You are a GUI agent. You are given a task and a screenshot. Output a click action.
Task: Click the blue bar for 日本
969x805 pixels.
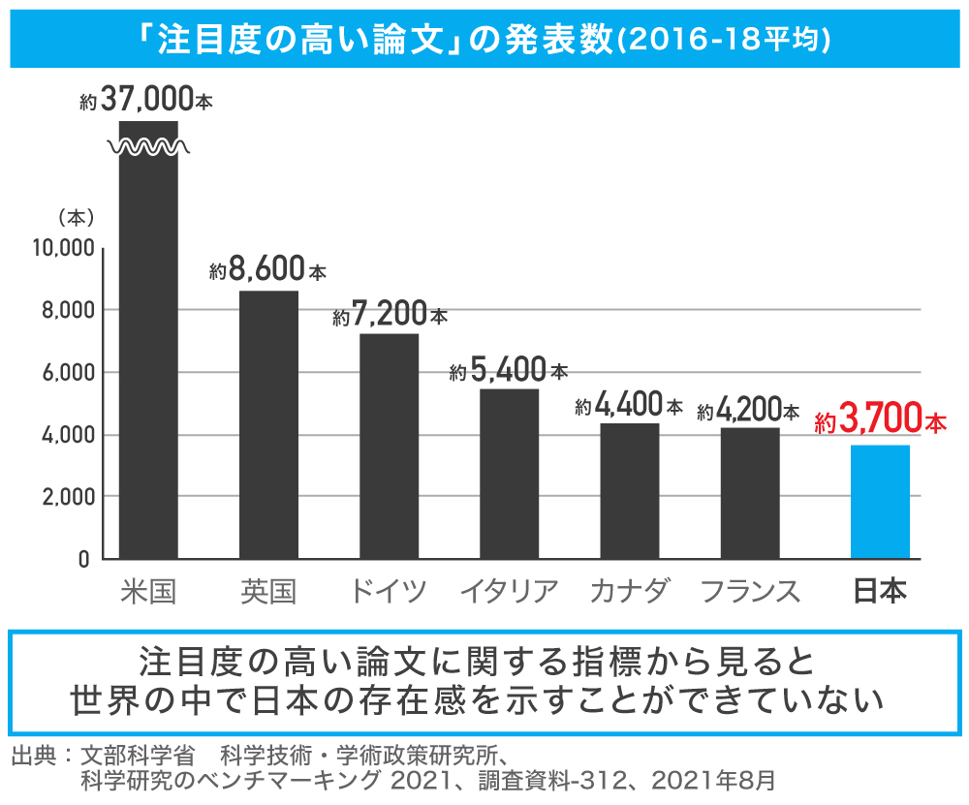coord(880,502)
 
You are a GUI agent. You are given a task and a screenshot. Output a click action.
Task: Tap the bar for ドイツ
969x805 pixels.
coord(389,446)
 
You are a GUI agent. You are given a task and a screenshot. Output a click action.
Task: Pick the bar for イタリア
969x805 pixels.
coord(509,474)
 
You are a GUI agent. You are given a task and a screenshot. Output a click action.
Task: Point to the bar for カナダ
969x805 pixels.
coord(630,490)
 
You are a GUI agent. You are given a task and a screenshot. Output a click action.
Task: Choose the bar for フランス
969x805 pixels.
coord(750,493)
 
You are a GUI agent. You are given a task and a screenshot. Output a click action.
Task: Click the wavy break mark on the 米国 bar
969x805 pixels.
coord(148,147)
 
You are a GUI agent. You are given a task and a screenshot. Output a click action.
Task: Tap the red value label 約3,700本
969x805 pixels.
coord(880,422)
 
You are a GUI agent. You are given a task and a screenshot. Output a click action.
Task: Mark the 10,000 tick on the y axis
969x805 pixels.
coord(62,248)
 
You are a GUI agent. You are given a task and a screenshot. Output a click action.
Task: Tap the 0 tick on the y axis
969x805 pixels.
coord(83,560)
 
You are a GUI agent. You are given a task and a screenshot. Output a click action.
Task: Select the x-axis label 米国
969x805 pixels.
coord(148,591)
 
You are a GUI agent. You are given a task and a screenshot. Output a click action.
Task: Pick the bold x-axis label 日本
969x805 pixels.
coord(880,591)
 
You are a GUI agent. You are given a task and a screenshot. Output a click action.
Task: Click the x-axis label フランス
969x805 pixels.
coord(750,591)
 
